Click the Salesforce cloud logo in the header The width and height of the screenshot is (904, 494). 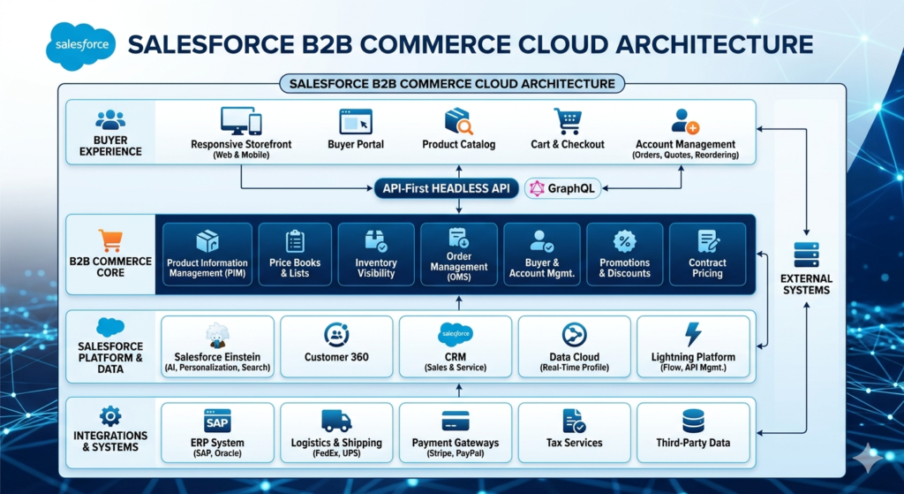80,44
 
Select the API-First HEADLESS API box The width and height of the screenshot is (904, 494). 447,188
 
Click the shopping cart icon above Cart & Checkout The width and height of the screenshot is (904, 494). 567,121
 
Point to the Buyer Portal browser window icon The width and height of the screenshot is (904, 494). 355,121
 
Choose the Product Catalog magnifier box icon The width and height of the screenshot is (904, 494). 458,121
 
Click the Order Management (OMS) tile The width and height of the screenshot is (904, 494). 458,254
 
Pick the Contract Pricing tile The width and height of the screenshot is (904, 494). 707,254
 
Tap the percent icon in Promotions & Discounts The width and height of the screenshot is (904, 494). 624,240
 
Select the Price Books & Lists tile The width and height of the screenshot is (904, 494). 295,254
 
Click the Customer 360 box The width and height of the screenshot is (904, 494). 335,347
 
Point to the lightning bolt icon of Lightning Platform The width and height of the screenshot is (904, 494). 693,334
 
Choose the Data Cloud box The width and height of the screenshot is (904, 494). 574,347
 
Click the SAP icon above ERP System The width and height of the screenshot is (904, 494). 216,420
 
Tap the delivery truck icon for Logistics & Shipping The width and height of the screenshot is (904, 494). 335,421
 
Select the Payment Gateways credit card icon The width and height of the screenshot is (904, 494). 456,421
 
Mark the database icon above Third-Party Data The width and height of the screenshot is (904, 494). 693,421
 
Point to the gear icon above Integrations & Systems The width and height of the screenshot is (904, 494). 109,415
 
